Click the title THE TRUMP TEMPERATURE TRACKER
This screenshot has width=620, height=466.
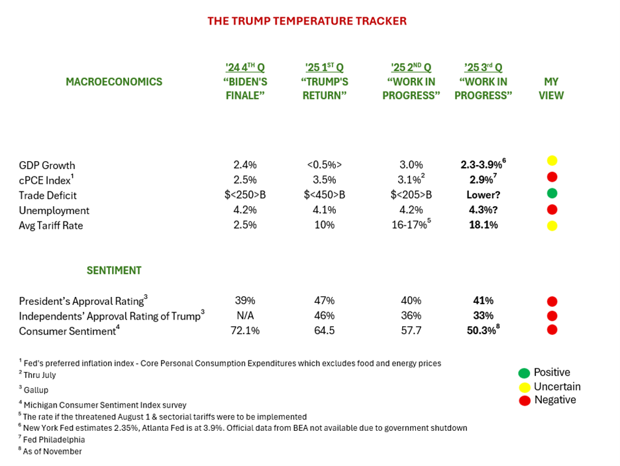coord(307,21)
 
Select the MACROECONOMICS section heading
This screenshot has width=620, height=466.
coord(114,82)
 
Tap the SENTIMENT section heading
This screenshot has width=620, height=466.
coord(114,270)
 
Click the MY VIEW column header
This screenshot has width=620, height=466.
coord(551,89)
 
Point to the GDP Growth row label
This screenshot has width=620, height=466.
coord(47,165)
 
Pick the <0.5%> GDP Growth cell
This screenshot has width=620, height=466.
coord(324,165)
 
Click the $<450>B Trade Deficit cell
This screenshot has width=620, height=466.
coord(324,195)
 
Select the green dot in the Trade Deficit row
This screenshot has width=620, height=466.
coord(552,194)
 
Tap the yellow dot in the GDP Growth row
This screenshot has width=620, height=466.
coord(552,160)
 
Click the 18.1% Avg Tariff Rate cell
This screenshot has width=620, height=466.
coord(483,225)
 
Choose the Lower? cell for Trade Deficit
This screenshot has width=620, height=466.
coord(483,195)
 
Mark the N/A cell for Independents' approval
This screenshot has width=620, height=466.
coord(246,316)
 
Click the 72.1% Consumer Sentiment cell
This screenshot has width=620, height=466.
coord(246,331)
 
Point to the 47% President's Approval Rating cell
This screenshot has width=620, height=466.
coord(324,301)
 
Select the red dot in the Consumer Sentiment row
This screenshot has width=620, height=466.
coord(552,329)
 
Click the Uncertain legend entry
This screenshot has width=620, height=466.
coord(557,386)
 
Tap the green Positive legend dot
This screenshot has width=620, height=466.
coord(523,373)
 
